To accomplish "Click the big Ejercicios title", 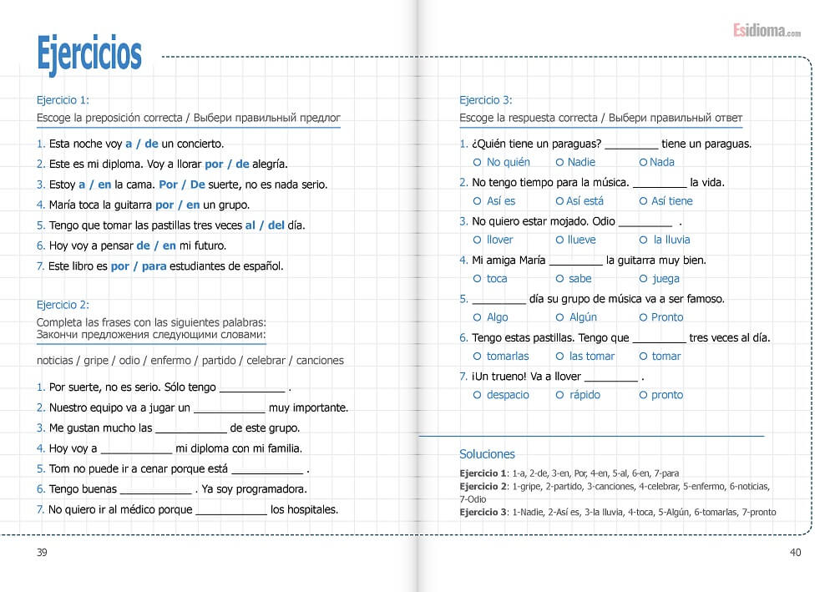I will [89, 53].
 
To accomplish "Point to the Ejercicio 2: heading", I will [63, 305].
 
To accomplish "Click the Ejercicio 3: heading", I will [486, 99].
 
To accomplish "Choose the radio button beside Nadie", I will [559, 162].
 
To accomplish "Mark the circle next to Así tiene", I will [643, 201].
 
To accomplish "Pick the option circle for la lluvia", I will [643, 240].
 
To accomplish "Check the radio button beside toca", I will [477, 279].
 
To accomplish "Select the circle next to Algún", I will [559, 317].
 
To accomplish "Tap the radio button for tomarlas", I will [477, 357].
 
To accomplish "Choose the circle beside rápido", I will [559, 395].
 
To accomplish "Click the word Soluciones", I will [487, 454].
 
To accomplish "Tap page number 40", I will [794, 552].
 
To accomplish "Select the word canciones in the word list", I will [320, 361].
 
